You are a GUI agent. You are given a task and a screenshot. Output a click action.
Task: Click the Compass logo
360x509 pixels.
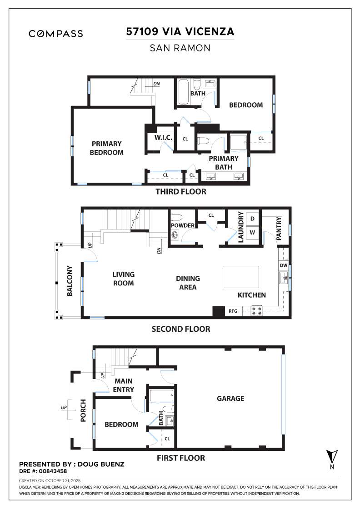pyautogui.click(x=55, y=34)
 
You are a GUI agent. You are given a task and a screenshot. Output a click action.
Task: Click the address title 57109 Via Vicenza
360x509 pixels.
pyautogui.click(x=180, y=31)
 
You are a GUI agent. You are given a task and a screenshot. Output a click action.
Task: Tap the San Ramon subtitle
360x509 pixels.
pyautogui.click(x=180, y=48)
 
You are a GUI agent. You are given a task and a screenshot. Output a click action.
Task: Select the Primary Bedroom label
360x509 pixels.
pyautogui.click(x=107, y=148)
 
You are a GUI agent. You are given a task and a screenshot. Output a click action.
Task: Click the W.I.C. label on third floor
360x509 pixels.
pyautogui.click(x=162, y=138)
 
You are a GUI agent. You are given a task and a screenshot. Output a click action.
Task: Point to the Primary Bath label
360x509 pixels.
pyautogui.click(x=224, y=163)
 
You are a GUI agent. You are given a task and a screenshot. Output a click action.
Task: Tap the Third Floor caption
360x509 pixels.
pyautogui.click(x=180, y=192)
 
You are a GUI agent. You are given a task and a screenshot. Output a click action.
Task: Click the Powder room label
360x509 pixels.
pyautogui.click(x=183, y=226)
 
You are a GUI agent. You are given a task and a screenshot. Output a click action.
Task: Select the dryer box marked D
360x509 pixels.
pyautogui.click(x=253, y=219)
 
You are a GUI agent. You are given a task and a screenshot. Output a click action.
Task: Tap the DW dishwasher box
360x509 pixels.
pyautogui.click(x=283, y=265)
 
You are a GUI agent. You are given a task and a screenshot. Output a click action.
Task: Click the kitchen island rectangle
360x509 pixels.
pyautogui.click(x=241, y=277)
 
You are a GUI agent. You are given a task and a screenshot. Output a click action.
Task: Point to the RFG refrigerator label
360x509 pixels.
pyautogui.click(x=233, y=312)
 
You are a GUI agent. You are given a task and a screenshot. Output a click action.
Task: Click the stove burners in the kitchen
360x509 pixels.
pyautogui.click(x=256, y=312)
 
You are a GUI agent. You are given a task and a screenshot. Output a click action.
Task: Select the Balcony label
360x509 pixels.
pyautogui.click(x=70, y=281)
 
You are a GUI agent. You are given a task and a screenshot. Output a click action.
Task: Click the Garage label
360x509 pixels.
pyautogui.click(x=230, y=399)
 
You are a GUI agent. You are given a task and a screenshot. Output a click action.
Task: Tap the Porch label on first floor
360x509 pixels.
pyautogui.click(x=83, y=410)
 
